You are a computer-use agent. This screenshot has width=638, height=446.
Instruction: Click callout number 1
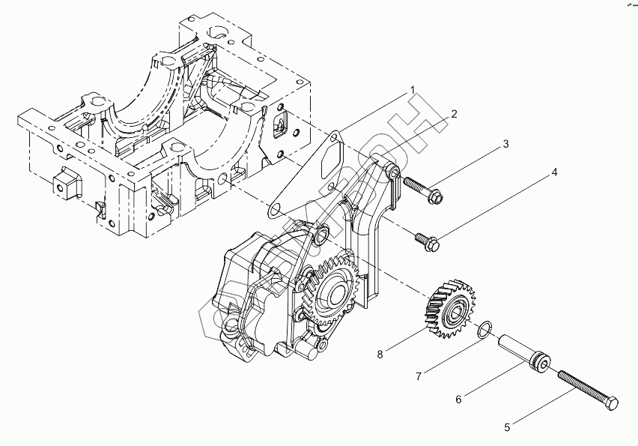coord(411,90)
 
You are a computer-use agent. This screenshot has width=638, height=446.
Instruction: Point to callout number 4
coord(555,172)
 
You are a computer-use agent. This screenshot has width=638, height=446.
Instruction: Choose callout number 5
coord(507,428)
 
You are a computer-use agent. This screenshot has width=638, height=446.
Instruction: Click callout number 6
coord(459,399)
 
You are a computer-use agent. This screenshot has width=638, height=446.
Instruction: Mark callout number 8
coord(380,354)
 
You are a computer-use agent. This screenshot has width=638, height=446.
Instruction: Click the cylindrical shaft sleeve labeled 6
coord(524,353)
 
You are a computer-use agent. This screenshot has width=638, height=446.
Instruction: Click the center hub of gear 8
coord(455,308)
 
